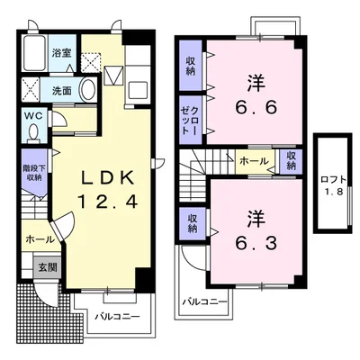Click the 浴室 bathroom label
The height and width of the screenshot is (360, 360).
tap(61, 53)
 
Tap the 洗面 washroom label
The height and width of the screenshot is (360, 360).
tap(62, 91)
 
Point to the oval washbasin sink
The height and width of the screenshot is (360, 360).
tap(87, 90)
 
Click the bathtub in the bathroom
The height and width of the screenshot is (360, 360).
tap(34, 53)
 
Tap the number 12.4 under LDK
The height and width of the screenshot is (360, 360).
tap(108, 202)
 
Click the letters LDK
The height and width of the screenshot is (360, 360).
tap(108, 179)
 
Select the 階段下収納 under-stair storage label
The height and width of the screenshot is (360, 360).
tap(33, 173)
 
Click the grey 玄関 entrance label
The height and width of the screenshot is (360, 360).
tap(48, 266)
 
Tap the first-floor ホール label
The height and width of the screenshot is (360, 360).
tap(40, 239)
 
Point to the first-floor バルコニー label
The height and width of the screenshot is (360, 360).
tap(118, 317)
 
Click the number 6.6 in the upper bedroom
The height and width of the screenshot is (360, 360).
tap(256, 108)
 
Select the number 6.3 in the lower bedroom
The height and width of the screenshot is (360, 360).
tap(256, 244)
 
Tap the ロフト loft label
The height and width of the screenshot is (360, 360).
tap(333, 180)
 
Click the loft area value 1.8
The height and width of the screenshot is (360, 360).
tap(333, 192)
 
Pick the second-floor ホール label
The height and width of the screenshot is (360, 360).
tap(255, 161)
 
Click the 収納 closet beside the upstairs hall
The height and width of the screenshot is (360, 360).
tap(291, 161)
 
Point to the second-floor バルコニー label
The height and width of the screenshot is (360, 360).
tap(205, 301)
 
